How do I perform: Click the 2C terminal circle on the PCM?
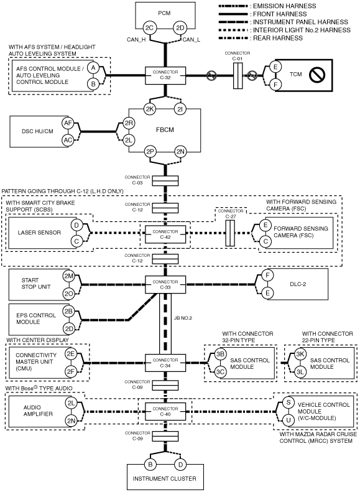pos(149,28)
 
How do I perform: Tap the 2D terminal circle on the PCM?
pos(180,28)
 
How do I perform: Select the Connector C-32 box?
pos(165,75)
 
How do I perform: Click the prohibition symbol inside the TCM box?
pos(316,75)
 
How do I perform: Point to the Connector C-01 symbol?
pos(238,76)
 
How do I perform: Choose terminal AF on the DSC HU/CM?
pos(68,123)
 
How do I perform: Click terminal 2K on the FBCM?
pos(149,109)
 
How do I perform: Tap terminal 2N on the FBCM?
pos(180,152)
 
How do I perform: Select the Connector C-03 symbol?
pos(165,181)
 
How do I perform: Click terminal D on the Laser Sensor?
pos(76,225)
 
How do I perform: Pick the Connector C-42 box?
pos(165,234)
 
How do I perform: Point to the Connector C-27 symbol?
pos(230,233)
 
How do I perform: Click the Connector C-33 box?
pos(165,285)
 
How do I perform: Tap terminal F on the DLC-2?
pos(267,276)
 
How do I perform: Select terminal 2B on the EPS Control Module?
pos(68,312)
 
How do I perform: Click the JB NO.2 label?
pos(183,318)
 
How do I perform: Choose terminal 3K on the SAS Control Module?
pos(300,354)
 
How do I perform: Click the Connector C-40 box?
pos(165,411)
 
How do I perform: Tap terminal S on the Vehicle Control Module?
pos(288,402)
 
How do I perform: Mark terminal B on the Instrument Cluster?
pos(150,465)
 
